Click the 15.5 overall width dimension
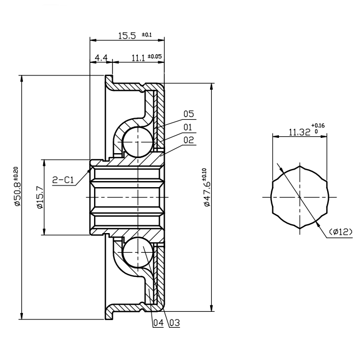pos(127,36)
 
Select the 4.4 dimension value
pos(101,57)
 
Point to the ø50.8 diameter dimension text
pos(16,187)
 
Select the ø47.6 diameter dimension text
pos(206,188)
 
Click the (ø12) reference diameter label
pos(341,232)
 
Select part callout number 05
pos(189,114)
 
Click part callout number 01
pos(189,127)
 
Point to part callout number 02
pos(189,140)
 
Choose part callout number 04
pos(158,323)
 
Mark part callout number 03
pos(174,323)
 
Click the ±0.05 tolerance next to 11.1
pos(155,56)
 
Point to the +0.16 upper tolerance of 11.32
pos(318,126)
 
